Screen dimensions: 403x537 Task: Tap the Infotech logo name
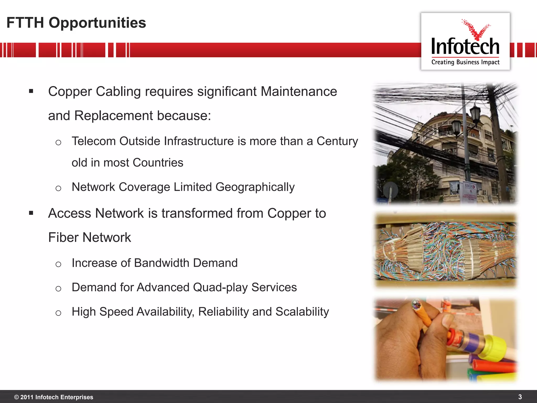coord(465,46)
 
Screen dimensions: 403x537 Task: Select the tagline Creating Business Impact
coord(465,62)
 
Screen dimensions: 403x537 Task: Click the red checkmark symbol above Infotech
coord(476,30)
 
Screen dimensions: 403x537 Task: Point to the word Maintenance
coord(299,92)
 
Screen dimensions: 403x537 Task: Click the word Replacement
coord(114,116)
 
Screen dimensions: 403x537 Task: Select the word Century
coord(337,141)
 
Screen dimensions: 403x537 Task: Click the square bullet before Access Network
coord(31,213)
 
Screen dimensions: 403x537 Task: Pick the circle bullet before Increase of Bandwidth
coord(58,264)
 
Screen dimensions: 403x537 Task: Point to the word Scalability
coord(302,312)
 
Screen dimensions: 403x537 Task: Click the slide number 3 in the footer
coord(520,397)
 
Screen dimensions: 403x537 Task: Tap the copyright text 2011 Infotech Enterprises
coord(56,397)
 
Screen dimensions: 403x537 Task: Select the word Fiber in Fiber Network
coord(63,237)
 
